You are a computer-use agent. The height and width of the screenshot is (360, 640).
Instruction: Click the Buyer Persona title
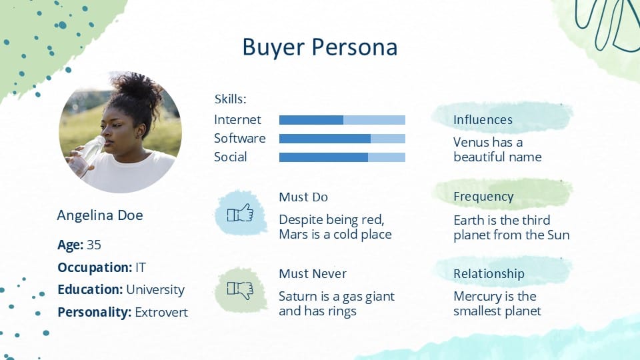pos(319,47)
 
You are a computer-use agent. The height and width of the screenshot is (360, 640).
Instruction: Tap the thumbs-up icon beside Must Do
pos(241,213)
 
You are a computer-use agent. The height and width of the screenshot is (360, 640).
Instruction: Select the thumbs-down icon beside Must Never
pos(241,290)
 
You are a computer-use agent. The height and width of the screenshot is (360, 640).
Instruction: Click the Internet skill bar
pos(342,119)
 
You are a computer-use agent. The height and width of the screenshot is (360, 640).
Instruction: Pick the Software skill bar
pos(342,139)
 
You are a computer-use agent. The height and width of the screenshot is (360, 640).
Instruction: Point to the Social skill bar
pos(342,157)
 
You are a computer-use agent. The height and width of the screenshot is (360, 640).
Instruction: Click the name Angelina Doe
pos(100,215)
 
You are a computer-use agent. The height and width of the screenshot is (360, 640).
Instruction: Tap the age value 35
pos(94,245)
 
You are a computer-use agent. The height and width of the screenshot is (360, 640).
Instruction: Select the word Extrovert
pos(161,312)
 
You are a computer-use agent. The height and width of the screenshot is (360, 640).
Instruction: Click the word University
pos(155,290)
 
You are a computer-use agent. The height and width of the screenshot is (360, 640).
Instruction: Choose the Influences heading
pos(483,119)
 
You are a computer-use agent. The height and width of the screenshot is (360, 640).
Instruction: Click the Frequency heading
pos(484,197)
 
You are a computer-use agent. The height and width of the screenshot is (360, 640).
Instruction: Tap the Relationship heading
pos(489,274)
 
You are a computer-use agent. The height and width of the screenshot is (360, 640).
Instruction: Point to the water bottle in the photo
pos(87,156)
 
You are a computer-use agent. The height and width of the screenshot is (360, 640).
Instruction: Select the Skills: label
pos(231,99)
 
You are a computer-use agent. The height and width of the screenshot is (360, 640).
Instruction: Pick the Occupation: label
pos(95,268)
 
